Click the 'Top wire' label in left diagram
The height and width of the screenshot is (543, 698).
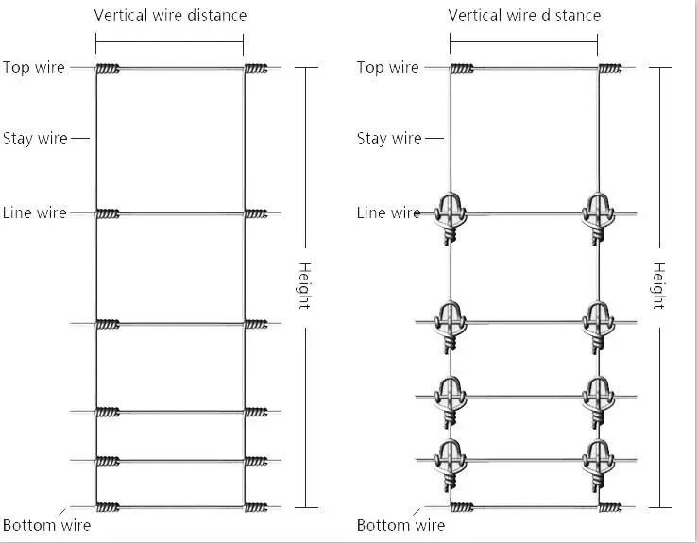point(34,68)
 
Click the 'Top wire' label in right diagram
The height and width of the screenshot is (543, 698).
point(388,68)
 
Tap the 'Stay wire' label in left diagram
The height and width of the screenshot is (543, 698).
point(35,139)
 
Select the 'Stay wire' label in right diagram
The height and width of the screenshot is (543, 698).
point(389,139)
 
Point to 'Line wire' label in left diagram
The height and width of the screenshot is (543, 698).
point(34,212)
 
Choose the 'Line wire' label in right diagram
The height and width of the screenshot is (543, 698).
point(388,212)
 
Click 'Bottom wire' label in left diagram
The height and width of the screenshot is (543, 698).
point(46,525)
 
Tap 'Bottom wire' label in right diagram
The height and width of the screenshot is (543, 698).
point(400,525)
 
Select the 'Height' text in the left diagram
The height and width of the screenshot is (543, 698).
point(304,286)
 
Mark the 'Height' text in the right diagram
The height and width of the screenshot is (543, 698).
point(659,286)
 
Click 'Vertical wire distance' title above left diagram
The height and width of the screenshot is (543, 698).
point(170,15)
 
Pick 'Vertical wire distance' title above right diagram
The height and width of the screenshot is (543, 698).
point(524,15)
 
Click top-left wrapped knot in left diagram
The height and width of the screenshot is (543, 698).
point(108,69)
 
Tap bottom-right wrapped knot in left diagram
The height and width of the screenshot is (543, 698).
point(256,507)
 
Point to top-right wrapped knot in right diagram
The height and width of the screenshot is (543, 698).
point(610,69)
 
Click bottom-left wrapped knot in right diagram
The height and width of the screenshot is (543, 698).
point(462,507)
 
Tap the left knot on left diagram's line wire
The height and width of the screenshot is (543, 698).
point(108,214)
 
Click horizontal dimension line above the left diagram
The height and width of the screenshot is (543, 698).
point(170,42)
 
